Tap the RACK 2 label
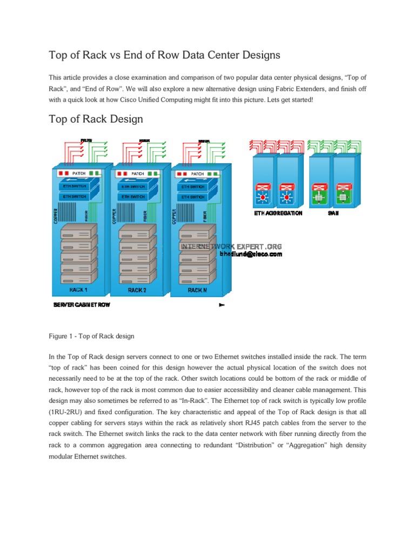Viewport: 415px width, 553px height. [x=137, y=291]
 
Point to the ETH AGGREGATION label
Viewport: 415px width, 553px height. [x=278, y=213]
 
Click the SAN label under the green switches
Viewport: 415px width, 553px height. [x=333, y=213]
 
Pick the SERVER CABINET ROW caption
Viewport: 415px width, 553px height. [x=82, y=305]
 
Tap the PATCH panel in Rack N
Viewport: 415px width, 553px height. [x=198, y=174]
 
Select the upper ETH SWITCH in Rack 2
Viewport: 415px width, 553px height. [x=136, y=186]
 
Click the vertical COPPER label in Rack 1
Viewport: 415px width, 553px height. [x=54, y=214]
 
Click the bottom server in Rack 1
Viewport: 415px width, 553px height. [x=76, y=279]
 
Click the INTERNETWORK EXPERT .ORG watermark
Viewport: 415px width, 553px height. [x=231, y=246]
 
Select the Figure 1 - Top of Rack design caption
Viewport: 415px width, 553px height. [x=91, y=336]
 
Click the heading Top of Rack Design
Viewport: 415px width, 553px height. [x=96, y=118]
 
